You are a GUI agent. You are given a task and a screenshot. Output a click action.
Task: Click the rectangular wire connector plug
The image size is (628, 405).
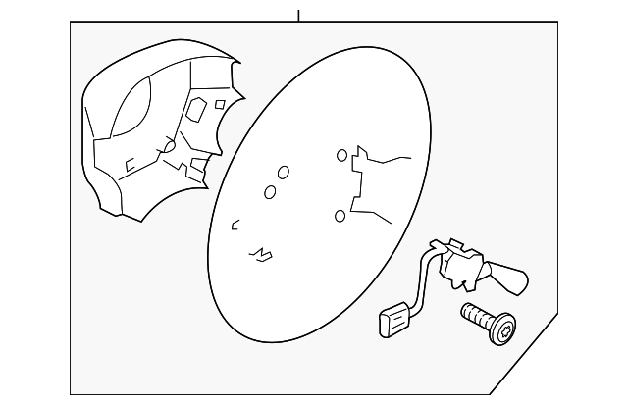pos(392,318)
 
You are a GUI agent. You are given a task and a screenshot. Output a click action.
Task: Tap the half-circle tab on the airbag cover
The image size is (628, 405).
pos(168,147)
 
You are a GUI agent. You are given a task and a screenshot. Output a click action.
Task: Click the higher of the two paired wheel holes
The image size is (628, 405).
pos(283,173)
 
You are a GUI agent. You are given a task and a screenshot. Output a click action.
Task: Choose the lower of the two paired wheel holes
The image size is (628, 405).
pos(269,192)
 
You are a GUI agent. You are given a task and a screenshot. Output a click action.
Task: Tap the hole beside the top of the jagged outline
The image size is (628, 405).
pos(340,155)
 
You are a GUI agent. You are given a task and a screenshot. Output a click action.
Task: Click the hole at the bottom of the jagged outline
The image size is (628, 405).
pos(340,215)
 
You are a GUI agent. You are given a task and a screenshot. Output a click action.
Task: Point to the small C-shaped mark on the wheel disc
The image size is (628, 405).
pos(235,227)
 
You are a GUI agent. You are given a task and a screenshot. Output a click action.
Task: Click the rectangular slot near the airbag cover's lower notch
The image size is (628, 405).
pos(198,163)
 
